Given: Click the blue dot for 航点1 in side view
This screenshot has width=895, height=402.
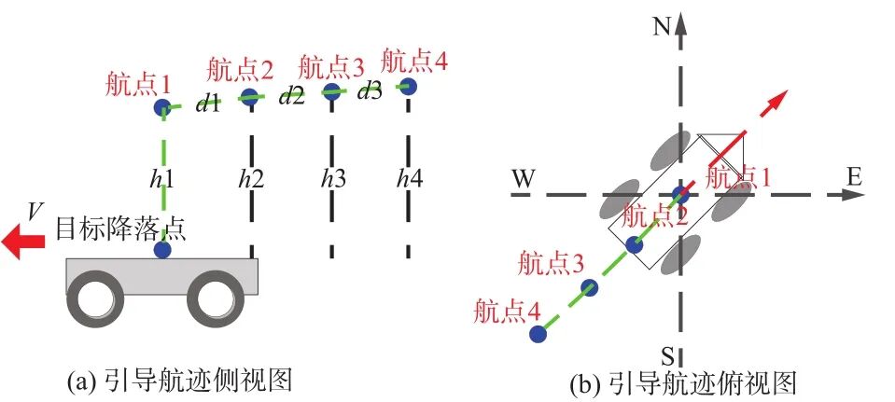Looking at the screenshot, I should point(163,108).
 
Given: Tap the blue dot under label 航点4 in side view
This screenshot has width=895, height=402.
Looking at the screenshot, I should point(408,87).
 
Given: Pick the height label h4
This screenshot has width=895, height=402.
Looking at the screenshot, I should point(409,176).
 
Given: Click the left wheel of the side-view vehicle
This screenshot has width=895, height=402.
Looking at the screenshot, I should point(99,298).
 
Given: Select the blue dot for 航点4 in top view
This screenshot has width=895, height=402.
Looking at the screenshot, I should point(537,333).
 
